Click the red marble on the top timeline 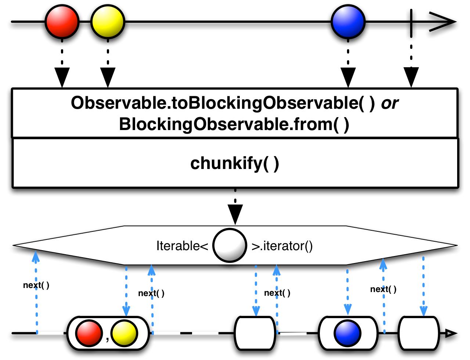(x=62, y=22)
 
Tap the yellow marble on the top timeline (x=108, y=22)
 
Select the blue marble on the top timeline (x=348, y=22)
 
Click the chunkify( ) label (x=235, y=163)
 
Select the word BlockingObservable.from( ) (x=234, y=124)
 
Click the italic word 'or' (x=390, y=103)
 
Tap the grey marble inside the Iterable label (x=229, y=245)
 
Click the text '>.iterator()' (x=282, y=246)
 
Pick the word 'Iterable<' (x=182, y=246)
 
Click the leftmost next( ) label (x=36, y=285)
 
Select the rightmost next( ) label (x=383, y=289)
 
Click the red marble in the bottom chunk (x=89, y=334)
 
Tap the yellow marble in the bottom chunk (x=124, y=334)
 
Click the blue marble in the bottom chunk (x=347, y=334)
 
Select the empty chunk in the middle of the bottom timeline (x=255, y=333)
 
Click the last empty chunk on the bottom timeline (x=419, y=333)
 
